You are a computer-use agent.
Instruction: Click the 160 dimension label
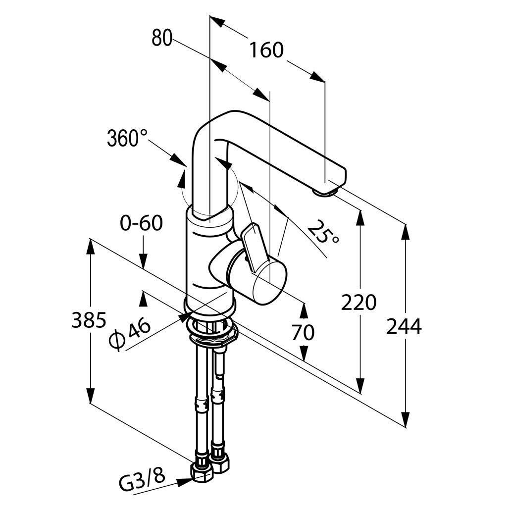pyautogui.click(x=266, y=50)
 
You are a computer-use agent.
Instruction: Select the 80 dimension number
pyautogui.click(x=161, y=38)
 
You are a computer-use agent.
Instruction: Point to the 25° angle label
pyautogui.click(x=323, y=232)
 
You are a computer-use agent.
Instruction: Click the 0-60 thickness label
pyautogui.click(x=141, y=223)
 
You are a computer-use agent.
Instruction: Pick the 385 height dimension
pyautogui.click(x=89, y=320)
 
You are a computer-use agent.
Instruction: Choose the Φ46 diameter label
pyautogui.click(x=130, y=333)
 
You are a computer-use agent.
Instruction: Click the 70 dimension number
pyautogui.click(x=303, y=332)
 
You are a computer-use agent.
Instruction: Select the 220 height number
pyautogui.click(x=358, y=302)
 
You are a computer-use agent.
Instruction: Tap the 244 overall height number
pyautogui.click(x=404, y=326)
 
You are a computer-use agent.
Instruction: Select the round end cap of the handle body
pyautogui.click(x=269, y=283)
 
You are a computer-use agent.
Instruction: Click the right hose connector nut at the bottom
pyautogui.click(x=219, y=463)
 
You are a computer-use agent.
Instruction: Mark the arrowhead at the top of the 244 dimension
pyautogui.click(x=406, y=233)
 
